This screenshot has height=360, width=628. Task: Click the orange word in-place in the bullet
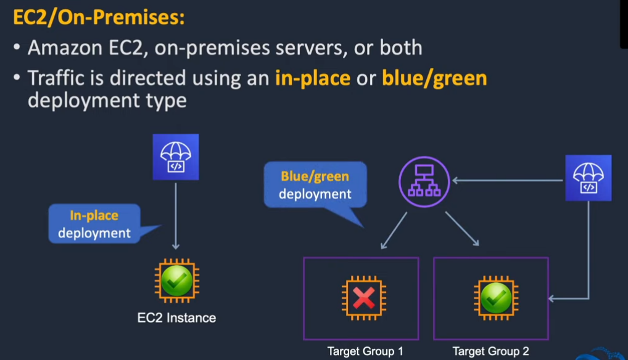point(313,78)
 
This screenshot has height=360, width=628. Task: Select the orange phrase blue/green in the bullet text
point(434,78)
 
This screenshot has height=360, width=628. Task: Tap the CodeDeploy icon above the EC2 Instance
point(176,157)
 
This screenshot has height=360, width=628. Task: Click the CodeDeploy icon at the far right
point(589,178)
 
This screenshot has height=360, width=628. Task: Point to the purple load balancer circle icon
point(424,181)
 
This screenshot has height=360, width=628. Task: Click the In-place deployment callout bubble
point(94,224)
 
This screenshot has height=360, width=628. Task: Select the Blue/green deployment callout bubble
point(315,184)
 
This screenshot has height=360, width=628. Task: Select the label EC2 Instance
point(176,318)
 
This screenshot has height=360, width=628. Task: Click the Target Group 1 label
point(365,351)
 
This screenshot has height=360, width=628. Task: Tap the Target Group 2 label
point(490,351)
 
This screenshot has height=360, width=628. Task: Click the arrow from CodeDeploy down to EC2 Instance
point(176,216)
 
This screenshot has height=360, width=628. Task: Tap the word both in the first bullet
point(401,48)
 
